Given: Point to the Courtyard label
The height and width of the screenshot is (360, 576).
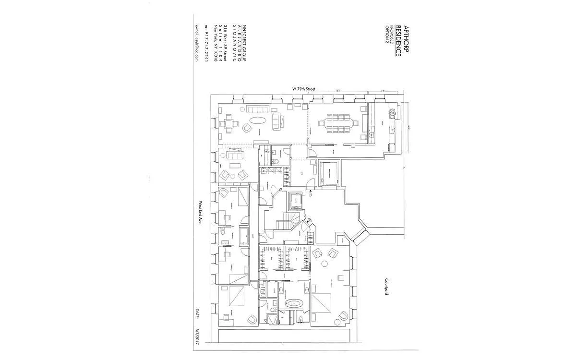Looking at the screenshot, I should (385, 287).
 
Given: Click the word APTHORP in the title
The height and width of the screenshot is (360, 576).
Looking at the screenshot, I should (406, 39).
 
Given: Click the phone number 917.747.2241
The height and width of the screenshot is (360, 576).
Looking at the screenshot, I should (205, 42).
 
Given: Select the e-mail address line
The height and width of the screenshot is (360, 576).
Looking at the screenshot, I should (197, 42).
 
